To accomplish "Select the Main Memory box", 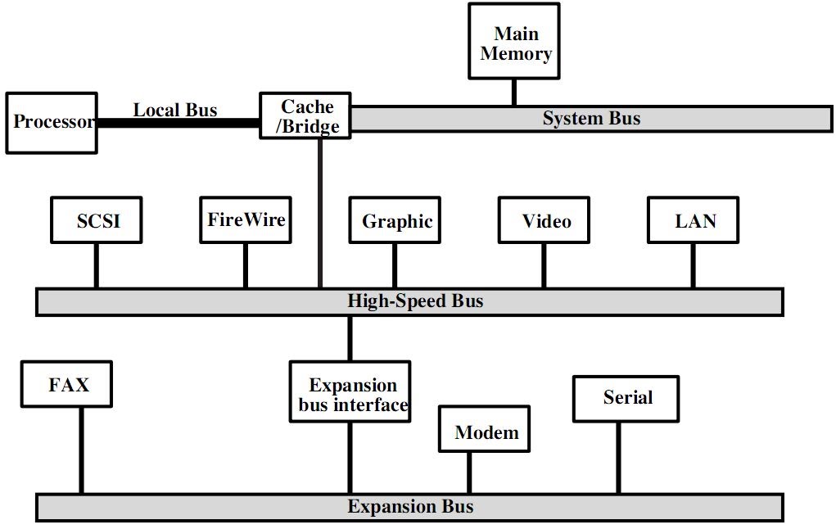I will click(x=514, y=43).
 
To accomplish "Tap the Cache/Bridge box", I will click(x=306, y=116).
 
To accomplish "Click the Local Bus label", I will click(x=175, y=110).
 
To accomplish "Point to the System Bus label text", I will click(x=591, y=119).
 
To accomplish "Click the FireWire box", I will click(x=246, y=219).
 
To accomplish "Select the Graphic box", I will click(x=395, y=220).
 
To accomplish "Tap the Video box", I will click(x=545, y=220).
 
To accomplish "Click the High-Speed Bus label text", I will click(x=415, y=301).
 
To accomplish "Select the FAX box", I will click(x=67, y=384).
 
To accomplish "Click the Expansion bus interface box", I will click(x=350, y=394).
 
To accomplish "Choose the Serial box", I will click(x=626, y=399).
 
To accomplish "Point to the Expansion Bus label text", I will click(x=410, y=506).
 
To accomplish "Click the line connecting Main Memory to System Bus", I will click(x=514, y=93).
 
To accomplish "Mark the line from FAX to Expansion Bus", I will click(x=81, y=450).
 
